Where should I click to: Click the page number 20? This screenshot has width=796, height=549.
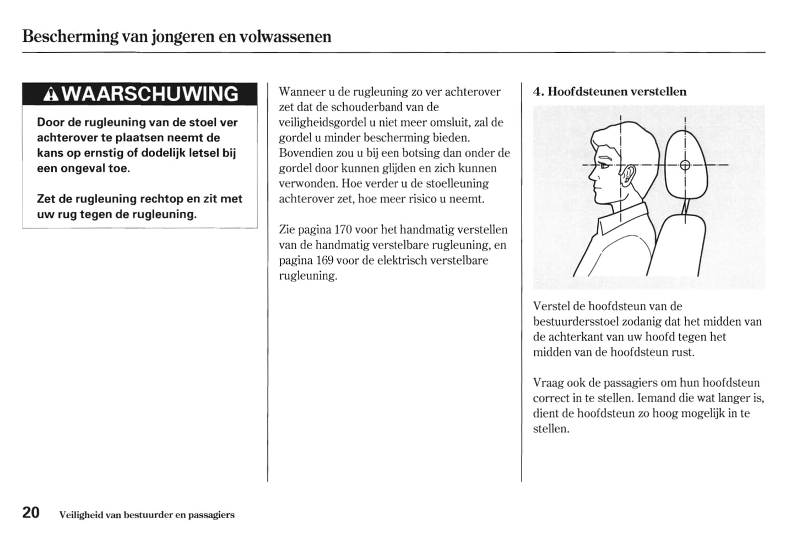[x=31, y=513]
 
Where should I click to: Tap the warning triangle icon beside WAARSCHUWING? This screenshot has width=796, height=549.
[x=51, y=95]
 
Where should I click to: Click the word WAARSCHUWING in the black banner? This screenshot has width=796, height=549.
[x=150, y=94]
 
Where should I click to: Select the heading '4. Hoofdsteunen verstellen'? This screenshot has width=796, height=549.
[x=609, y=91]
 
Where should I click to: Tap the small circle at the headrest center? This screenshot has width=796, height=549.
[x=685, y=165]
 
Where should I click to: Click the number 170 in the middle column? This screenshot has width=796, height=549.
[x=343, y=229]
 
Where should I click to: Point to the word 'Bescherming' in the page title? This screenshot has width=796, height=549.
[x=70, y=36]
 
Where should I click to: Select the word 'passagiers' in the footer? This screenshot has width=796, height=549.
[x=211, y=515]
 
